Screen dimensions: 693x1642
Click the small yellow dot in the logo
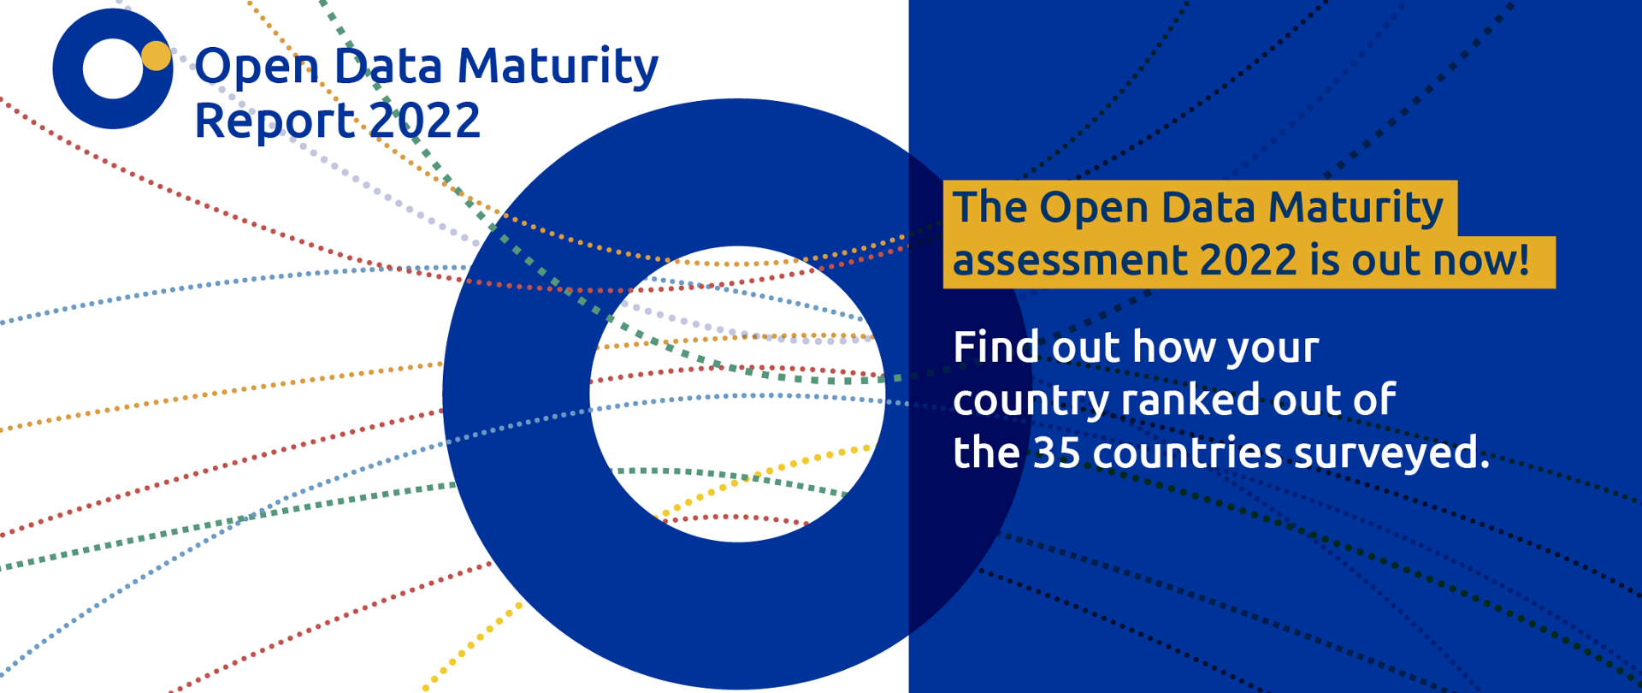[156, 56]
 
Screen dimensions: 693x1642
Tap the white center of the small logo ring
[111, 68]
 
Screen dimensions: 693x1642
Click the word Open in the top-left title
[257, 67]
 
